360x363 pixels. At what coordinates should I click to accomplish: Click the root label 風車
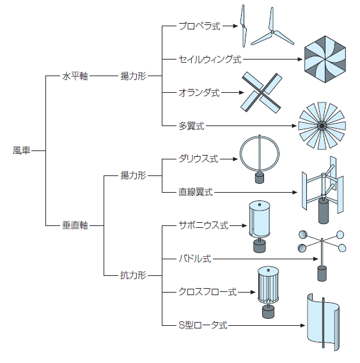(x=21, y=150)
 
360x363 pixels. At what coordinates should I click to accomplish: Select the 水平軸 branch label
(x=75, y=76)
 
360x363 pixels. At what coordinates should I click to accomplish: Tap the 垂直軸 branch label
(x=75, y=225)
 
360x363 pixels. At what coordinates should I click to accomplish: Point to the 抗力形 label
(x=133, y=275)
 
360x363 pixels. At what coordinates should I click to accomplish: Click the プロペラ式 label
(x=200, y=26)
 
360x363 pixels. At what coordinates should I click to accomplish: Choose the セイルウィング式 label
(x=210, y=60)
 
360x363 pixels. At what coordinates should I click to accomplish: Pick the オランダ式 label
(x=199, y=93)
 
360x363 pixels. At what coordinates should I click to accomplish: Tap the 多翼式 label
(x=191, y=126)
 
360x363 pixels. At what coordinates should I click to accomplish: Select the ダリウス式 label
(x=198, y=159)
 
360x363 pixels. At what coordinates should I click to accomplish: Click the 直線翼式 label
(x=196, y=192)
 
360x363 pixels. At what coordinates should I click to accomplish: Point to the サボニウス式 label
(x=203, y=225)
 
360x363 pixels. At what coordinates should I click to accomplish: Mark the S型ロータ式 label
(x=203, y=325)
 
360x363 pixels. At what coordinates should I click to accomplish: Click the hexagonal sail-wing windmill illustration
(x=325, y=60)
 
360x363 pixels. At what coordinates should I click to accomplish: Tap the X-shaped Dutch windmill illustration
(x=262, y=92)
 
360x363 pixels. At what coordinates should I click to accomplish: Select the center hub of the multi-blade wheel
(x=322, y=125)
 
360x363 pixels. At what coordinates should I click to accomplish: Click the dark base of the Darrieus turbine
(x=260, y=178)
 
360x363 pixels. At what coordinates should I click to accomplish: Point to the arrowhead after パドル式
(x=316, y=259)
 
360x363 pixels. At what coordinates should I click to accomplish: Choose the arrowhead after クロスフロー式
(x=253, y=292)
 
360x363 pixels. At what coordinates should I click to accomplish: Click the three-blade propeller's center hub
(x=272, y=32)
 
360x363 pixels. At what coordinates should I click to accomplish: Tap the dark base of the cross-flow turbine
(x=269, y=312)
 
